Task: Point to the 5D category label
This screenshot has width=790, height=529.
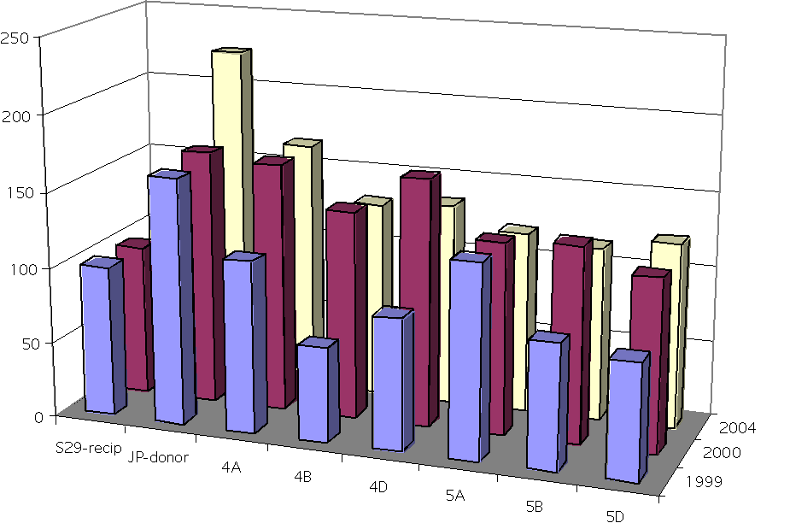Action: [614, 516]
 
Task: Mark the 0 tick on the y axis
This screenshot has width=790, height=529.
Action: [38, 417]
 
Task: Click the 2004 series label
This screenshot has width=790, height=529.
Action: [740, 427]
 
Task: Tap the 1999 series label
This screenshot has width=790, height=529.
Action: [705, 482]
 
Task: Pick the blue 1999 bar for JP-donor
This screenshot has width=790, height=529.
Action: [167, 299]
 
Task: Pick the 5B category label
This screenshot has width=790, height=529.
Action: [535, 506]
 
